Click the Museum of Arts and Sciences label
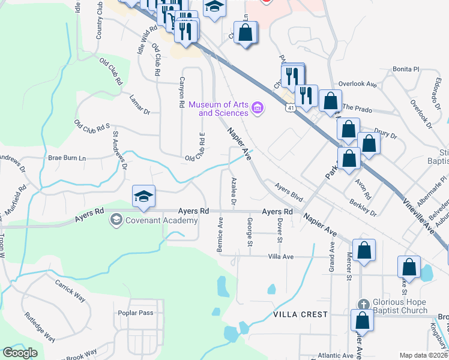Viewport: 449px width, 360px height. (x=218, y=109)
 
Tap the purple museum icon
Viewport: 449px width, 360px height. (x=258, y=108)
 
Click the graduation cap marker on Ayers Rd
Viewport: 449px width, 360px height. (x=144, y=197)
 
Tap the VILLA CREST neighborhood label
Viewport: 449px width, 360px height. (x=300, y=314)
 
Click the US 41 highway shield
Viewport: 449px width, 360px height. (x=290, y=108)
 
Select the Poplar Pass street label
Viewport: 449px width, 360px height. (x=136, y=313)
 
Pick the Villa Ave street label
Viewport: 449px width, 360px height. (x=280, y=256)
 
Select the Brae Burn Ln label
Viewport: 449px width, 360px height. (x=67, y=158)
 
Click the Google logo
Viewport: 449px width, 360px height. (x=20, y=353)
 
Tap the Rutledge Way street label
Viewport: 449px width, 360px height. (x=40, y=327)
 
